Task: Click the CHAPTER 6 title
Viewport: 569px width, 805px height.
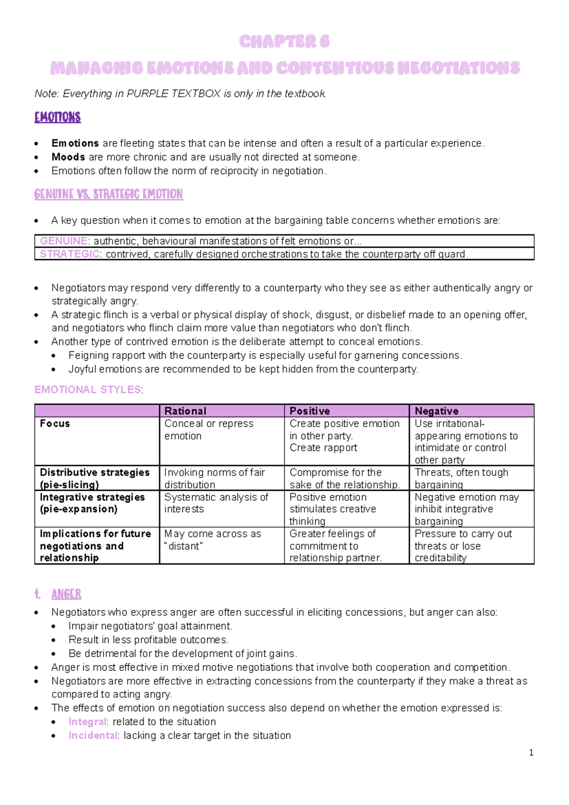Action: pos(284,42)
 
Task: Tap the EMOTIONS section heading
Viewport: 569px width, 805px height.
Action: pos(57,117)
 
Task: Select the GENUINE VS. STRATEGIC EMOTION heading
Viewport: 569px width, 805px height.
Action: pos(109,194)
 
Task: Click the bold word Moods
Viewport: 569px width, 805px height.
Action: pos(68,157)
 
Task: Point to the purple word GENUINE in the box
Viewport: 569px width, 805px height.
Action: pos(64,241)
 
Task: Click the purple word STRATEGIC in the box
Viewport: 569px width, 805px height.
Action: pos(70,254)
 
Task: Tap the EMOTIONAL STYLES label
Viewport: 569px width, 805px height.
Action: pos(88,390)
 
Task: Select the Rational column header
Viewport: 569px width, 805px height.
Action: pos(185,411)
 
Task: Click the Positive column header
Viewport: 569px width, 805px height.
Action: pos(310,411)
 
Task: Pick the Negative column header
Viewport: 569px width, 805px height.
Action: pos(436,411)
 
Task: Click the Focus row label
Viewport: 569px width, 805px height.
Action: pos(55,423)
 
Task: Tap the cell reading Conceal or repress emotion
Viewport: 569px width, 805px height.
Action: pos(209,430)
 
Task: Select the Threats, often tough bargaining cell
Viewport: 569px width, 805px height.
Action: pos(461,478)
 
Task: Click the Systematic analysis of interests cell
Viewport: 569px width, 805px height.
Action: pos(216,503)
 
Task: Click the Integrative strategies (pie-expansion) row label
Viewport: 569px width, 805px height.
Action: pos(92,503)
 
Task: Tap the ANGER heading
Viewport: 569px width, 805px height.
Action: pos(66,594)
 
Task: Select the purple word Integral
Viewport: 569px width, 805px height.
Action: pos(87,722)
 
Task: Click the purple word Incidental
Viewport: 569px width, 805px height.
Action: pos(93,736)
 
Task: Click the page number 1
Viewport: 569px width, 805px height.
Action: pos(531,752)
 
